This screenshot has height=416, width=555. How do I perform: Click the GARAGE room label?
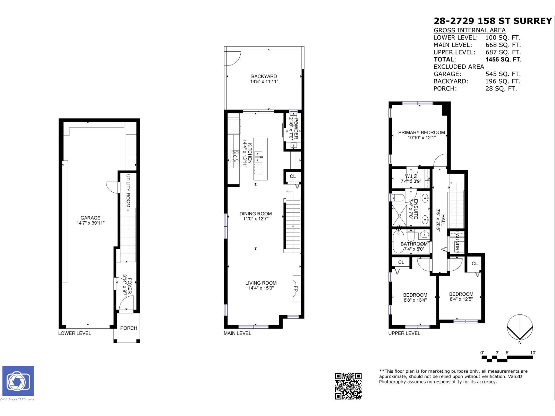[x=91, y=218]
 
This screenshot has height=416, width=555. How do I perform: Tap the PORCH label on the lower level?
[x=129, y=328]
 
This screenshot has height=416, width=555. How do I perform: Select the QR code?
[x=348, y=386]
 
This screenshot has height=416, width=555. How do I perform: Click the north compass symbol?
[x=520, y=328]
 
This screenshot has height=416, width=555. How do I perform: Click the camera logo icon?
[x=18, y=381]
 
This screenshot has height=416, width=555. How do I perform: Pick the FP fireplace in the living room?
[x=296, y=288]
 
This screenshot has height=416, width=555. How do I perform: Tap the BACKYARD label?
[x=264, y=76]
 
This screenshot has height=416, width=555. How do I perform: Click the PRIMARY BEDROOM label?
[x=421, y=132]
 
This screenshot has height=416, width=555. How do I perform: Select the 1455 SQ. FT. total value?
[x=503, y=59]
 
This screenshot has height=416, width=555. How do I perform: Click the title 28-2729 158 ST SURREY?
[x=493, y=21]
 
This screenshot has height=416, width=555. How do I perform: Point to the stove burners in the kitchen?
[x=235, y=156]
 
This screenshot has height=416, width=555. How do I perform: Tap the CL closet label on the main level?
[x=293, y=176]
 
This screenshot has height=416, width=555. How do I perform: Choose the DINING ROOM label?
[x=256, y=214]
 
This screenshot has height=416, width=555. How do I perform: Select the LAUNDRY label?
[x=457, y=242]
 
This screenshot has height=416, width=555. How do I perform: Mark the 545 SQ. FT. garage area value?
[x=503, y=74]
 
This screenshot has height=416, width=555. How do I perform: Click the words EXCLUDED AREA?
[x=459, y=67]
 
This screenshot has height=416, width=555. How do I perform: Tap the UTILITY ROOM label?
[x=128, y=191]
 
